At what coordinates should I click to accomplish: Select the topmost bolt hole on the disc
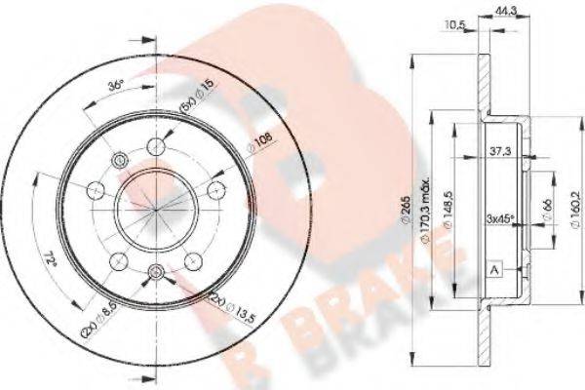156,146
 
